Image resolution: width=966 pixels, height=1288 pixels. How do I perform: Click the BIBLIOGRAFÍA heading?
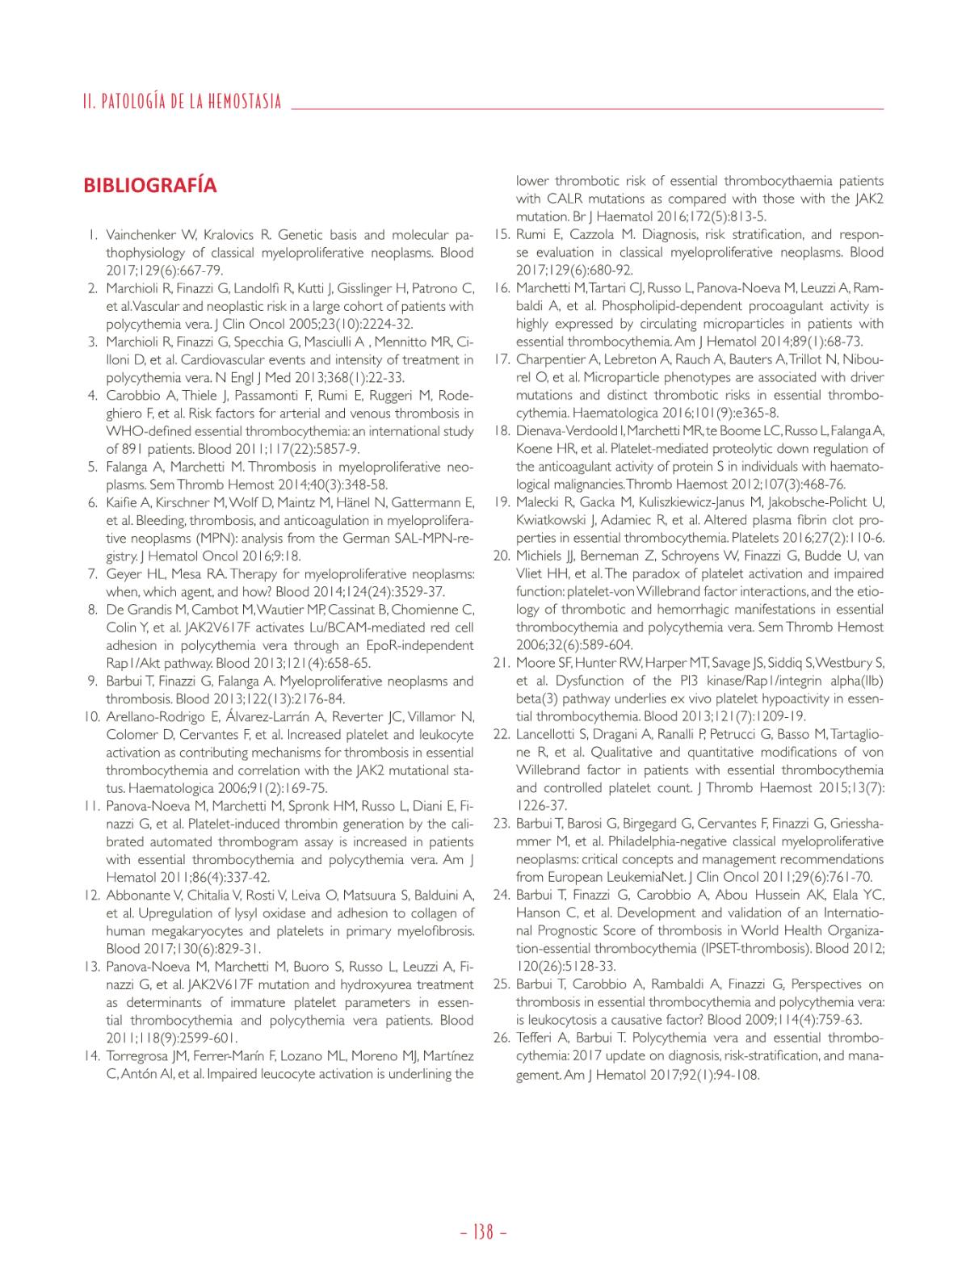[149, 186]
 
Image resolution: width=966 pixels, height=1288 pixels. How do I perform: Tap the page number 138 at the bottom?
[482, 1232]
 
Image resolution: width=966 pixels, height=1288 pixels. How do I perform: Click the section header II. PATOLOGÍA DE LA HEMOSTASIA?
[182, 102]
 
